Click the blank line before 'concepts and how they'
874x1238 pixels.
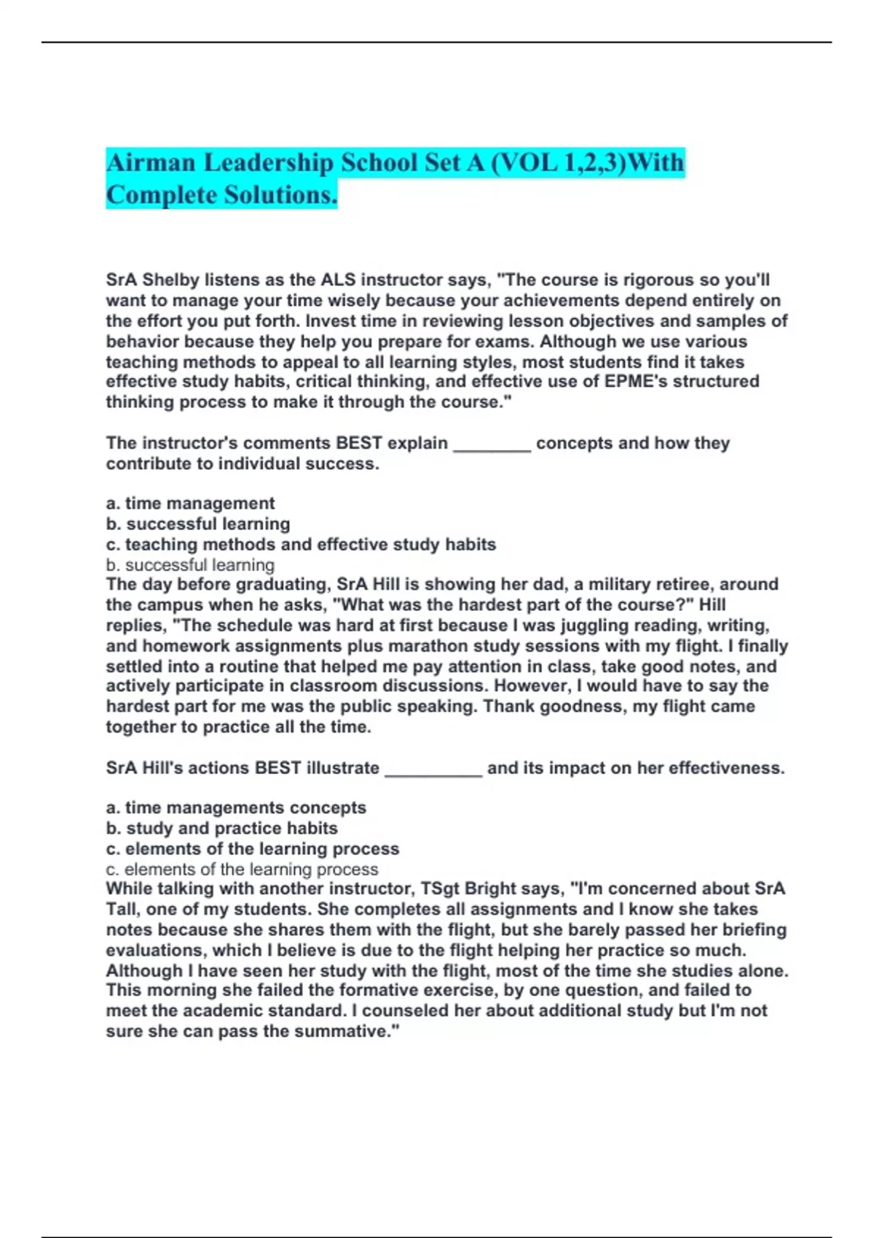(492, 443)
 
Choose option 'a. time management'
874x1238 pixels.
(190, 503)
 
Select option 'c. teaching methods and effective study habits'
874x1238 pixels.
(301, 544)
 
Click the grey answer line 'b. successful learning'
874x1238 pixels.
(190, 564)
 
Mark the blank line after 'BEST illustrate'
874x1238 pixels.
(433, 768)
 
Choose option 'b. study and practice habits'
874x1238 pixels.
(221, 828)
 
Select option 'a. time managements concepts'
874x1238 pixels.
(236, 808)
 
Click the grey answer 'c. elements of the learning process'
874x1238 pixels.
(242, 869)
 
